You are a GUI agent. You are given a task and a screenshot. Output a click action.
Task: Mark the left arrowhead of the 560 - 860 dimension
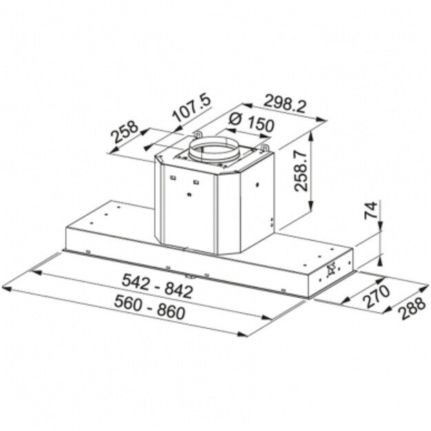click(8, 284)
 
